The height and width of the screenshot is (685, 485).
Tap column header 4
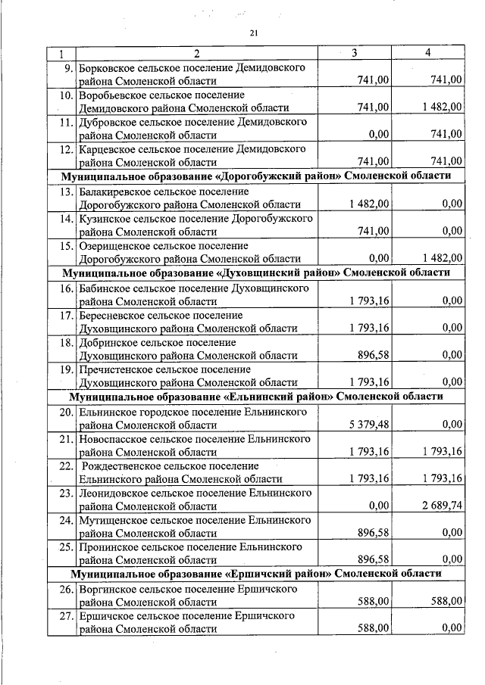(428, 53)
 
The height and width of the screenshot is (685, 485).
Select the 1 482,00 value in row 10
(441, 107)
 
